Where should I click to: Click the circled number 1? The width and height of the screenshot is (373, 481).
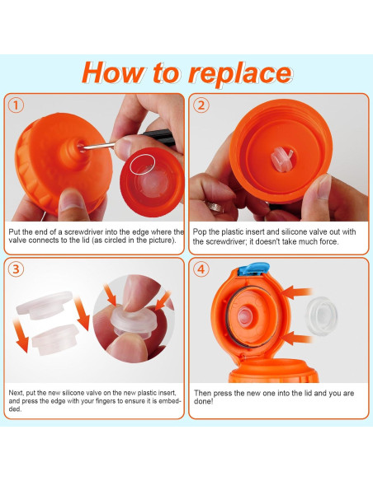click(x=16, y=105)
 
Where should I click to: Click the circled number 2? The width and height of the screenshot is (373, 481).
click(x=201, y=105)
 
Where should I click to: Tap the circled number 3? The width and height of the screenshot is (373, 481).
click(x=16, y=269)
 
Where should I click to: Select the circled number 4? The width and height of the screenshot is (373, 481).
click(x=201, y=269)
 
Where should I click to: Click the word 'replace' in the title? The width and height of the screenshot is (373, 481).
click(x=239, y=74)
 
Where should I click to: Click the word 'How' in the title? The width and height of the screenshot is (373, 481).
click(x=112, y=72)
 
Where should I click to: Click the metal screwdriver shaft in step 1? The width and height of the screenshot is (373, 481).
click(x=97, y=145)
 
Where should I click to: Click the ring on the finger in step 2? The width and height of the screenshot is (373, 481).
click(x=215, y=206)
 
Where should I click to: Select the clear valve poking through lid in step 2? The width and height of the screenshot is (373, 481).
click(x=281, y=159)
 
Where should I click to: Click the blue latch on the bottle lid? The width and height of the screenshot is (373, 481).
click(x=254, y=269)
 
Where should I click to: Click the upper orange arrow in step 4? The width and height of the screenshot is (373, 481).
click(x=296, y=292)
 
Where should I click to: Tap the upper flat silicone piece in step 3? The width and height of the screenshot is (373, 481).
click(x=45, y=305)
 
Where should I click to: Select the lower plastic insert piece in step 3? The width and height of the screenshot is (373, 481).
click(x=54, y=339)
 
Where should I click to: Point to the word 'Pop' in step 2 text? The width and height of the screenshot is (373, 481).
click(x=200, y=232)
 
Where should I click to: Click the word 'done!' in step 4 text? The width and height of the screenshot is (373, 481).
click(x=203, y=401)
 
